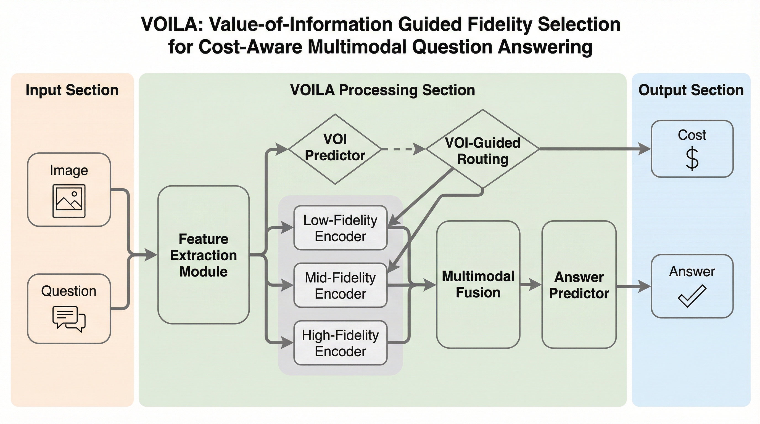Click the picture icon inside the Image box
tap(69, 201)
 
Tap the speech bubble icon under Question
tap(69, 319)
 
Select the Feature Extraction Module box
tap(204, 255)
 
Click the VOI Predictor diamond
tap(335, 149)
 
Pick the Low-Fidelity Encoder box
tap(340, 228)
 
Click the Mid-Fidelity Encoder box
tap(340, 285)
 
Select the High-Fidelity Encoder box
tap(340, 343)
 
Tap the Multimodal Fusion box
tap(478, 285)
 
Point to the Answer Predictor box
tap(579, 285)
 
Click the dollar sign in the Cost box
tap(692, 159)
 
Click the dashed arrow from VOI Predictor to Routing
tap(403, 149)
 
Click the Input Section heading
tap(72, 90)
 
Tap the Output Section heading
tap(691, 90)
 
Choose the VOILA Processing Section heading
tap(382, 90)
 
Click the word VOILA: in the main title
tap(173, 24)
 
